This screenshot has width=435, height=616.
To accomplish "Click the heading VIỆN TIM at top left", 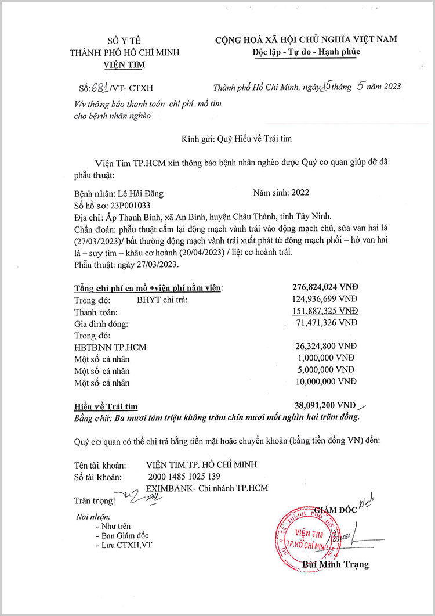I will [124, 64].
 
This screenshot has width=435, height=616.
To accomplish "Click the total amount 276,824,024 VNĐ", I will [326, 287].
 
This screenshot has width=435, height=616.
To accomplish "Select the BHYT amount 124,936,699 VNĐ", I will [326, 300].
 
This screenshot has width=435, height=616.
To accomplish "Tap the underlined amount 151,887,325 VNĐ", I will [326, 311].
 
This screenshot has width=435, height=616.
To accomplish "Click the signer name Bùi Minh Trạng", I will [335, 564].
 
